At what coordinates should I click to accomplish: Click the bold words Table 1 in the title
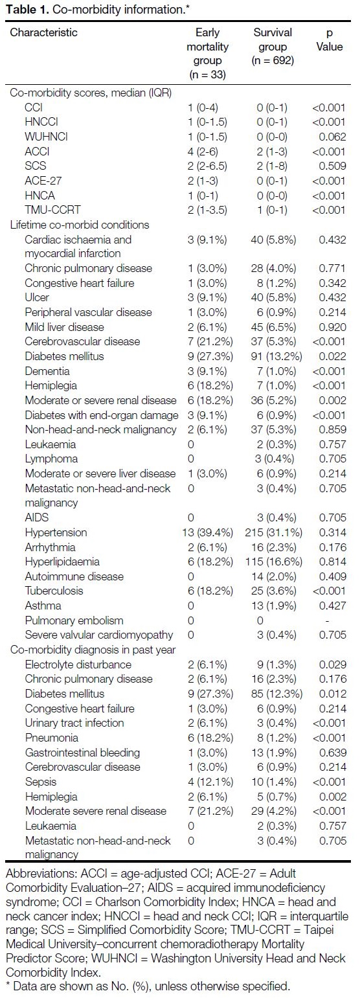coord(27,10)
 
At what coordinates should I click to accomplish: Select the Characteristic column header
coord(44,32)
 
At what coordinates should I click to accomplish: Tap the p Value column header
coord(329,40)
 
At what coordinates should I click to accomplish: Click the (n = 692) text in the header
coord(273,60)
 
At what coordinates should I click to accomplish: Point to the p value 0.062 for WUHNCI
coord(332,137)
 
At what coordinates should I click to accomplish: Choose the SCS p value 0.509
coord(332,166)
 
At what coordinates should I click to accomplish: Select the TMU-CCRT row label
coord(52,210)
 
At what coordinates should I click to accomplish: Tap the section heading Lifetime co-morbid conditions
coord(80,225)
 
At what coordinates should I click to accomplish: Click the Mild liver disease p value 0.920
coord(332,327)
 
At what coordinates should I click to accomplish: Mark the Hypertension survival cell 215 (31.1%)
coord(273,532)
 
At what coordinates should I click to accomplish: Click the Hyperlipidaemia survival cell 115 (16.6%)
coord(273,562)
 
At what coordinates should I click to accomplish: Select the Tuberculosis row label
coord(54,591)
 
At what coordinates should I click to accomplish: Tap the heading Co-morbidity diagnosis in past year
coord(93,650)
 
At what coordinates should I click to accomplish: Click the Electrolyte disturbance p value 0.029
coord(332,665)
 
